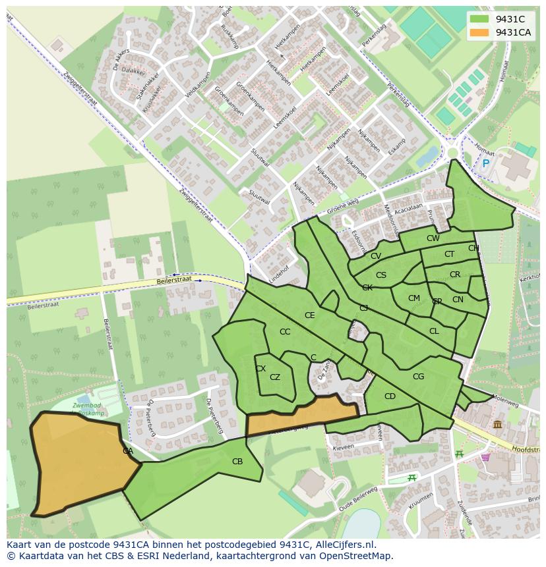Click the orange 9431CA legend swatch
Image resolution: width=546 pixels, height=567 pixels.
[479, 32]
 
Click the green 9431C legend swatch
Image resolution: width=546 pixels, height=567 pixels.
[479, 18]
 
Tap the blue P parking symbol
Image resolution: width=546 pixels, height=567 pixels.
[486, 163]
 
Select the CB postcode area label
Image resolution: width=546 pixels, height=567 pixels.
[237, 462]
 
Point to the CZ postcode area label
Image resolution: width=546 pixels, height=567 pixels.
[275, 377]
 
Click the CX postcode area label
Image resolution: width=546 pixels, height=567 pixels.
[260, 369]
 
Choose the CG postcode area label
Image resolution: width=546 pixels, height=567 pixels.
[418, 377]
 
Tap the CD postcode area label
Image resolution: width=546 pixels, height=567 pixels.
[390, 396]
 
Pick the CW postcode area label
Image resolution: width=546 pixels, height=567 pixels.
[433, 238]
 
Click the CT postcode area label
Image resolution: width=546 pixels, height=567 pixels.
[449, 254]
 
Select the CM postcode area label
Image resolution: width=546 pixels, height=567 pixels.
[413, 298]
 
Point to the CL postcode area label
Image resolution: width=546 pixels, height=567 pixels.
[434, 331]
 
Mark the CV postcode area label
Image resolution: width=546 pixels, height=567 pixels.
[376, 256]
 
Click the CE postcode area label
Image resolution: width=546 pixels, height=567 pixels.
[309, 315]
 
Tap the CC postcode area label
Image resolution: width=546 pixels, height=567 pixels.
[285, 332]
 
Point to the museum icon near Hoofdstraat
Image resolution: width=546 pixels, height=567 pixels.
[497, 425]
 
